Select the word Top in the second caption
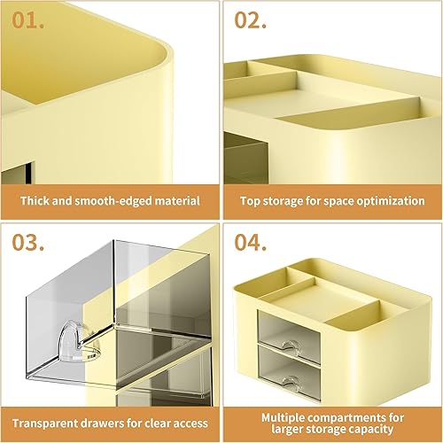[251, 200]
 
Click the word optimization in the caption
[387, 200]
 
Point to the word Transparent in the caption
[45, 422]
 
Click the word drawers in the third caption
[108, 422]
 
